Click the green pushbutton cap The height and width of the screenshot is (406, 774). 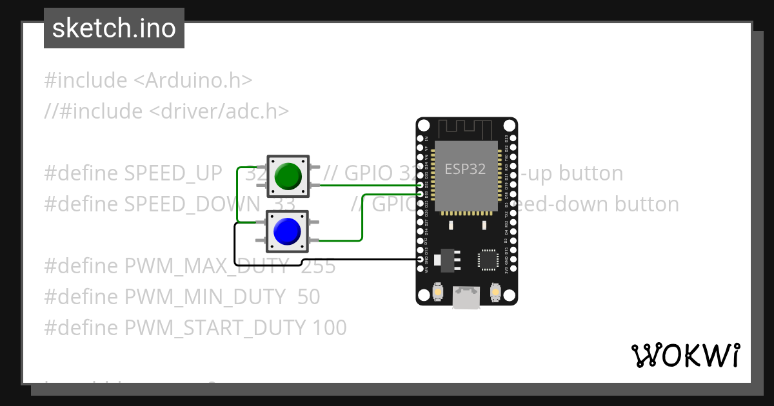click(288, 175)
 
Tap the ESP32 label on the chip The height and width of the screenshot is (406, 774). click(465, 169)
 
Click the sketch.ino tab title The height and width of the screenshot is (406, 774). click(114, 28)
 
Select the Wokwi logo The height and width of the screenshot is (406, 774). click(685, 355)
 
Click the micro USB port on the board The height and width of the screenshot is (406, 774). click(466, 298)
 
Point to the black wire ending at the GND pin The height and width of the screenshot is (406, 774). click(361, 260)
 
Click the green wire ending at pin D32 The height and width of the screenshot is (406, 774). click(368, 185)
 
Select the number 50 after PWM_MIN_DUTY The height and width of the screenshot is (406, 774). click(309, 297)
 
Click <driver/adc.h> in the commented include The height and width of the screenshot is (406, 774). click(219, 111)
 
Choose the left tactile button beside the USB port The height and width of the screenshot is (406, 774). click(438, 293)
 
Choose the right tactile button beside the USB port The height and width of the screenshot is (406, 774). click(495, 293)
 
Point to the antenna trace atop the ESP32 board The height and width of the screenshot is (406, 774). click(466, 127)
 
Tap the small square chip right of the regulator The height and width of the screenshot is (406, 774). click(488, 260)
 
